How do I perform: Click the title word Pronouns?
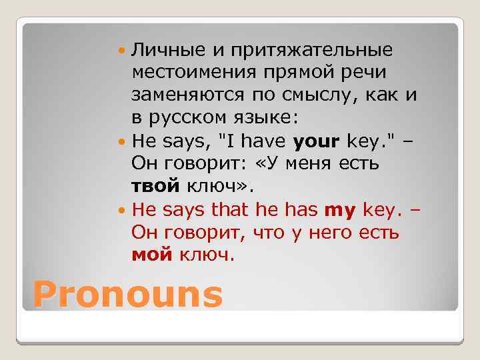coord(127,294)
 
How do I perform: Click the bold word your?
coord(316,141)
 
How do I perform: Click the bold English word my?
coord(341,211)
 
